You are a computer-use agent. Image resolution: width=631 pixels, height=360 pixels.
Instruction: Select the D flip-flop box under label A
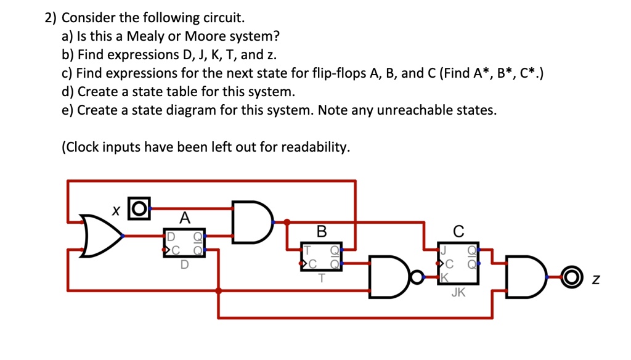pos(184,243)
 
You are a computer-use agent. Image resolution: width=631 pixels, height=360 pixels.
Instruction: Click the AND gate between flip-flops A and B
pos(251,221)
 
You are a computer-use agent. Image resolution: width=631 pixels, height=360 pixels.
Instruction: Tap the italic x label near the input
pos(115,210)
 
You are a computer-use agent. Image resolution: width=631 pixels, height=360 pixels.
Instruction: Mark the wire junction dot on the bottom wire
pos(218,290)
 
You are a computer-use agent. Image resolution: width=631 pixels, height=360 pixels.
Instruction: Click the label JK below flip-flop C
pos(458,293)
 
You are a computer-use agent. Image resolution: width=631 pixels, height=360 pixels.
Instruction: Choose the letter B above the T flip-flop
pos(321,232)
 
